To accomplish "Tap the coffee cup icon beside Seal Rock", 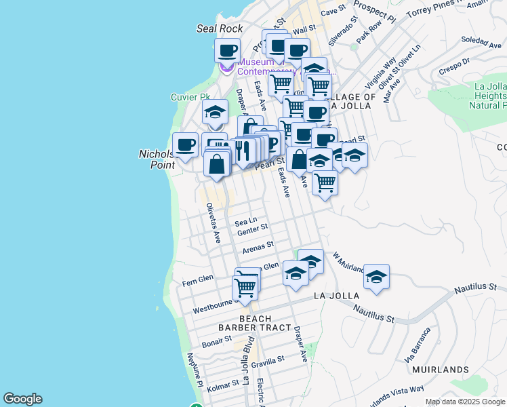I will tap(228, 50).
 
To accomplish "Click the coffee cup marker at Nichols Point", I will tap(185, 144).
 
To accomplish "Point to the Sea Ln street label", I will tap(245, 222).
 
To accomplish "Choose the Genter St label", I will tap(253, 231).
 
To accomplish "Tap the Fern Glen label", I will tap(198, 279).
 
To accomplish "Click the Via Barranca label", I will tap(418, 345).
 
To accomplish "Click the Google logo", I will tap(22, 399).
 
